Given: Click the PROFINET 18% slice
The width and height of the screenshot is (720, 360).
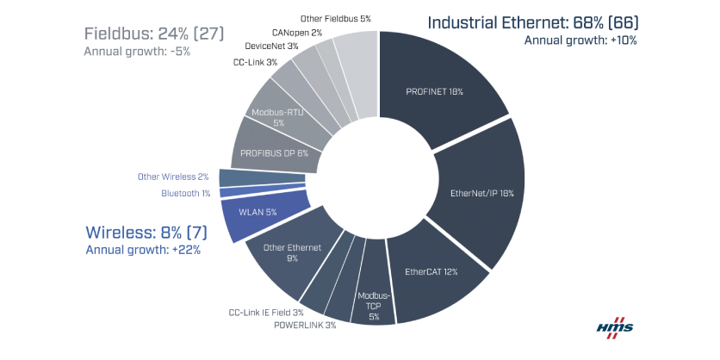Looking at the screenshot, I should click(439, 86).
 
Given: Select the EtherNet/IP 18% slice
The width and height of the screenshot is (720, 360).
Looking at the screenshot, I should click(481, 194).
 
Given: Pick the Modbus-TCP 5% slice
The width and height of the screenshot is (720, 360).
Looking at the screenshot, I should click(374, 303).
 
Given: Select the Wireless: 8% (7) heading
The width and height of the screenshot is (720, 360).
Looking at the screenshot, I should click(146, 233).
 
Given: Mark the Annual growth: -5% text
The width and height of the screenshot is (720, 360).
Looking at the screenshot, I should click(137, 52).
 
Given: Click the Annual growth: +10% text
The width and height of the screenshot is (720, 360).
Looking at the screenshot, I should click(580, 40).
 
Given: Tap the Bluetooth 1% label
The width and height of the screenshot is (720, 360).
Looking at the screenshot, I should click(185, 193).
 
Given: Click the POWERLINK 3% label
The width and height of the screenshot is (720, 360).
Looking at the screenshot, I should click(306, 326).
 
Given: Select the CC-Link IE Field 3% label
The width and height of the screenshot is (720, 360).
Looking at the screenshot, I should click(265, 312).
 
